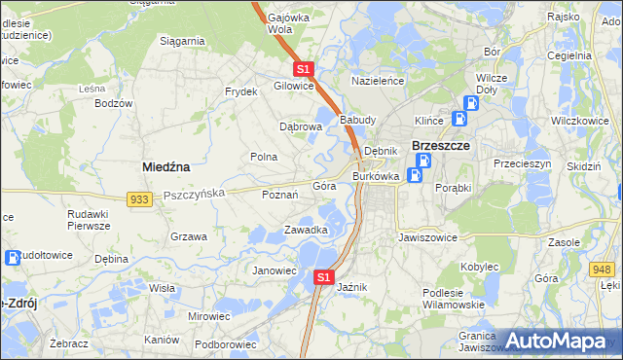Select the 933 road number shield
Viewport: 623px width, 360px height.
point(139,198)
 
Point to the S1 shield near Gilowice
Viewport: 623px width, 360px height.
point(303,69)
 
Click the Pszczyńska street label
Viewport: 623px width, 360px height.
point(195,194)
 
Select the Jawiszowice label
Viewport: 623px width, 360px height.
point(427,236)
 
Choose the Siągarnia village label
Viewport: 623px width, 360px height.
point(182,41)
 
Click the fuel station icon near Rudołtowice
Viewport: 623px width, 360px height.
point(13,258)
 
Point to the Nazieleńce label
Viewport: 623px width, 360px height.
point(378,82)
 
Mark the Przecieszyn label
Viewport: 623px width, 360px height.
point(522,164)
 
